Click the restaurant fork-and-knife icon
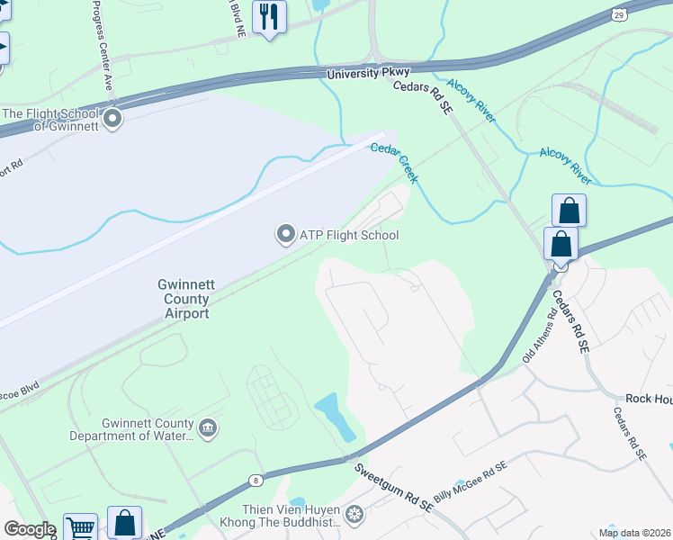pos(269,16)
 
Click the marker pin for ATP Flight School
pos(285,235)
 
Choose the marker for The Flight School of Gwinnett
pos(112,119)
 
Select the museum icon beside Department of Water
pos(208,427)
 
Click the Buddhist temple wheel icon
pos(355,513)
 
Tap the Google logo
pos(30,529)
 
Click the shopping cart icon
pos(81,527)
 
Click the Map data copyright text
pos(634,532)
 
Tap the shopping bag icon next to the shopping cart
pos(124,523)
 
